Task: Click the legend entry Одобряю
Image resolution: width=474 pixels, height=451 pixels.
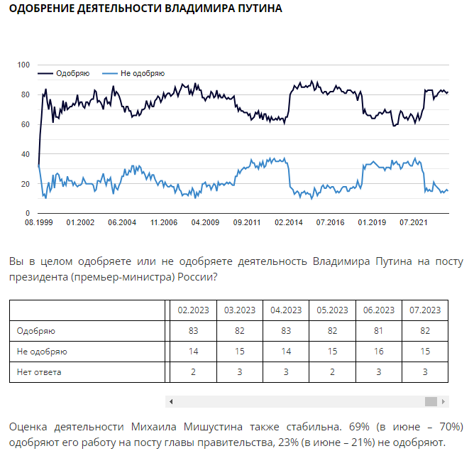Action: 72,73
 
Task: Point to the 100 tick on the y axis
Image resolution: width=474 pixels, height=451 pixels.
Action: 23,65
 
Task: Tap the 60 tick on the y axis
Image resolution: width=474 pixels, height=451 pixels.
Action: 25,124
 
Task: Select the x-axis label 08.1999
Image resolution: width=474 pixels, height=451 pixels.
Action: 38,223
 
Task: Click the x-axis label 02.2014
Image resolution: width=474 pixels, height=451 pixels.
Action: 289,223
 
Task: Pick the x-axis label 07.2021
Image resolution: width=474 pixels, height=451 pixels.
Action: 414,223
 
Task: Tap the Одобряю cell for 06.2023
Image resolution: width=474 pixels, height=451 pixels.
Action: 379,331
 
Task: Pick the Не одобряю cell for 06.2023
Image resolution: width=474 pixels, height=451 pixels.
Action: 379,352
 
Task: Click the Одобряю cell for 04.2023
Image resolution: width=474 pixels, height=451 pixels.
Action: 285,331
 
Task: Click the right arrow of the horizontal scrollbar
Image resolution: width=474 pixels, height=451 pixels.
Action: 445,402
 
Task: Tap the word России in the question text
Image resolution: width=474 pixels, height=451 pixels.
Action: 193,276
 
